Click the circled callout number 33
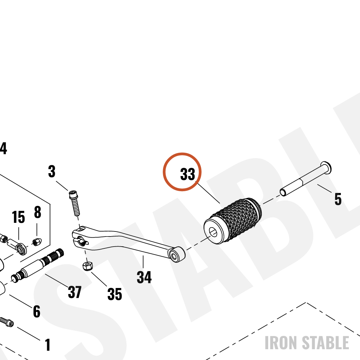(188, 174)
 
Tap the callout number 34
(144, 277)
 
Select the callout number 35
(114, 294)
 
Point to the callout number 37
(75, 292)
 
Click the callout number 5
(338, 199)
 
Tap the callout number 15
(18, 217)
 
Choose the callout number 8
(38, 212)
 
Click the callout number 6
(37, 311)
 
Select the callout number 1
(48, 345)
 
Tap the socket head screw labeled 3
(74, 203)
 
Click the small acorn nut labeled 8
(37, 242)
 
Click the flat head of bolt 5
(326, 167)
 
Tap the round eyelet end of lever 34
(176, 255)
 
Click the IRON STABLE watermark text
(307, 343)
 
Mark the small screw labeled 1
(6, 321)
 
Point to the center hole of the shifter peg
(213, 232)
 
